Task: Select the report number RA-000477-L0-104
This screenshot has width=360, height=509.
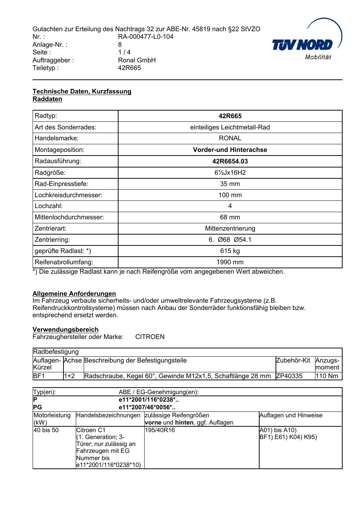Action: click(x=146, y=37)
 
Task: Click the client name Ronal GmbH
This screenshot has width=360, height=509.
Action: click(x=137, y=60)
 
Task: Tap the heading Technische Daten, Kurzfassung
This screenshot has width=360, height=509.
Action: click(x=82, y=91)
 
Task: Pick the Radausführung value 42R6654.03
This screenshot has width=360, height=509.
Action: click(x=230, y=161)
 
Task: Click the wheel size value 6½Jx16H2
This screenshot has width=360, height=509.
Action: click(x=230, y=173)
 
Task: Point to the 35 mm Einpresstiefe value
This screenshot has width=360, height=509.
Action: click(x=230, y=184)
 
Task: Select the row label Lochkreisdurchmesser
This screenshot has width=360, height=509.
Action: click(x=69, y=195)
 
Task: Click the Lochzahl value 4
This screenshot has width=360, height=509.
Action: click(x=230, y=206)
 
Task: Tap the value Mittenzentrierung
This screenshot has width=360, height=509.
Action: click(x=230, y=228)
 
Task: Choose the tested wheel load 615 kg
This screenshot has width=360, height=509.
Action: click(x=230, y=251)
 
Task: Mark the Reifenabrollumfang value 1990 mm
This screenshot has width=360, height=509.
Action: click(x=230, y=262)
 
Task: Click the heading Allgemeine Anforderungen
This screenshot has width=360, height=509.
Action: click(x=74, y=294)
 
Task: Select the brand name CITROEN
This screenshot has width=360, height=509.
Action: click(x=150, y=337)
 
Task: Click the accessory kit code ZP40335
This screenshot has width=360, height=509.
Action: click(x=289, y=376)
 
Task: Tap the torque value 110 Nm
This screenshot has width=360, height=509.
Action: click(x=327, y=376)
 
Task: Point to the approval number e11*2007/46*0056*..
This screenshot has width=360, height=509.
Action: click(x=147, y=407)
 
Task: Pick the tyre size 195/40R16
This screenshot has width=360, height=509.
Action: click(x=160, y=430)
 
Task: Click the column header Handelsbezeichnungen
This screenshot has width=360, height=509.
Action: click(x=108, y=415)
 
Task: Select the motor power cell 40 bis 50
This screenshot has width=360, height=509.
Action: click(x=46, y=430)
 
